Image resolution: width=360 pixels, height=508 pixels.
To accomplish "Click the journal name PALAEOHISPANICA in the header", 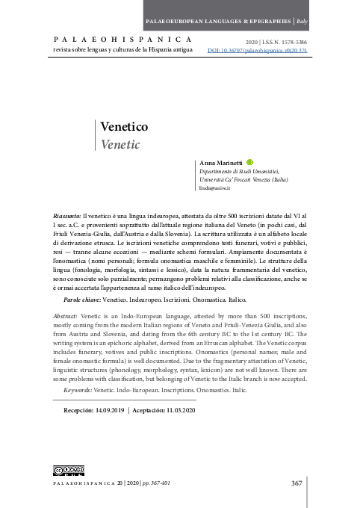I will (x=122, y=37).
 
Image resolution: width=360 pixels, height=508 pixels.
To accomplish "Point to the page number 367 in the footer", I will (x=298, y=483).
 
